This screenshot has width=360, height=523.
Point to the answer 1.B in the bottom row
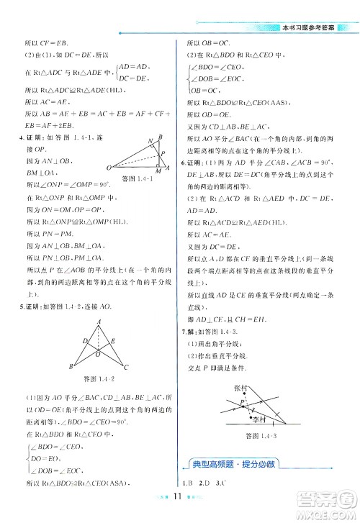(x=189, y=481)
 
